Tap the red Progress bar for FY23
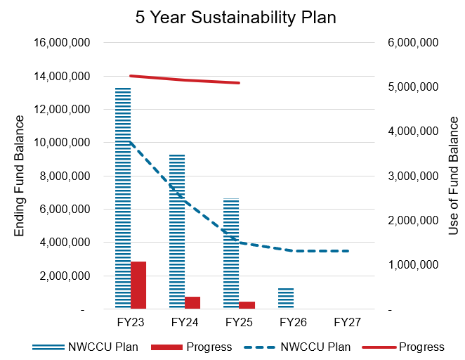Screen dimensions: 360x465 [x=138, y=285]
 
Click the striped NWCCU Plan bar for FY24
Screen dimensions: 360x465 [x=177, y=231]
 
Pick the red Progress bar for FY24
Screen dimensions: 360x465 [x=192, y=302]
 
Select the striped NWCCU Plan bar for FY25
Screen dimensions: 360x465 [x=231, y=254]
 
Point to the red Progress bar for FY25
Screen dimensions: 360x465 [x=247, y=305]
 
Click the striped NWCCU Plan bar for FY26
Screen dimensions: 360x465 [x=285, y=298]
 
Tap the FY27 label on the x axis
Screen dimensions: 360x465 [x=347, y=323]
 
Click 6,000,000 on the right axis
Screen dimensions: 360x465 [x=412, y=43]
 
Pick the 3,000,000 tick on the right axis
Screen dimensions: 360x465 [x=412, y=176]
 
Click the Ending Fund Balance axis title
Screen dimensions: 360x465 [x=20, y=176]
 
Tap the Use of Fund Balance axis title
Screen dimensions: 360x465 [x=453, y=176]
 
